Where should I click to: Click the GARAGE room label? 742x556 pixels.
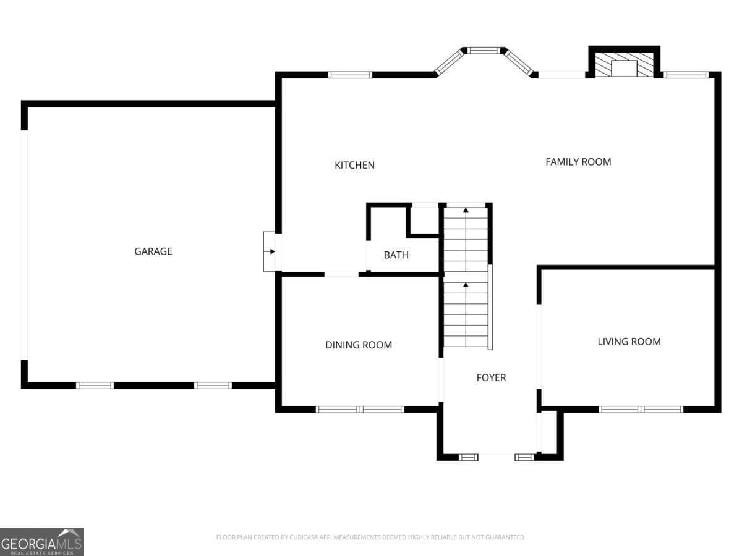(x=153, y=251)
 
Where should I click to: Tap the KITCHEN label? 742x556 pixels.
(x=354, y=165)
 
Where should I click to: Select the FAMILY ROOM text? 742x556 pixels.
(x=578, y=162)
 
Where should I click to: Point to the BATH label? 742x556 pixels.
(x=396, y=255)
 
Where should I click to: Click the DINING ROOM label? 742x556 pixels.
(x=358, y=345)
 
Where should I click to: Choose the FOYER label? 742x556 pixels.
(x=491, y=377)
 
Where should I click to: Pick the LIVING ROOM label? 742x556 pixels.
(x=629, y=341)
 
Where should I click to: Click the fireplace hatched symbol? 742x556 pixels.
(x=624, y=64)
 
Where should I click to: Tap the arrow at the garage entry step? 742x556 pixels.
(x=270, y=251)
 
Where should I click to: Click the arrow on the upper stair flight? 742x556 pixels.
(x=466, y=239)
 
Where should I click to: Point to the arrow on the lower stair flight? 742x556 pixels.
(x=466, y=314)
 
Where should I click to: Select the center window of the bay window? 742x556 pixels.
(x=484, y=50)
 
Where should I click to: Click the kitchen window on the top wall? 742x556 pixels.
(x=350, y=75)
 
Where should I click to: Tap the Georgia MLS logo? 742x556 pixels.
(x=42, y=542)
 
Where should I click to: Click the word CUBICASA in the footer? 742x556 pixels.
(x=303, y=537)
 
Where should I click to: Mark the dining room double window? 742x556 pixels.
(x=360, y=410)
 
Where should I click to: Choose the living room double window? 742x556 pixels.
(x=641, y=410)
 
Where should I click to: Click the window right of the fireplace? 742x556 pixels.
(x=686, y=75)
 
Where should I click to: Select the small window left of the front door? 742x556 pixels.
(x=468, y=457)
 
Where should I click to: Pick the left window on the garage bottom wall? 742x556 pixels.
(x=95, y=385)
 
